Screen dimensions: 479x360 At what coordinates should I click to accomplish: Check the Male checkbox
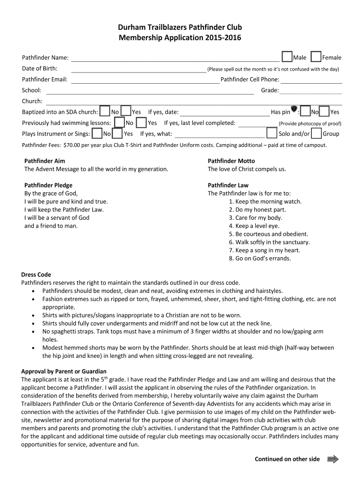point(288,57)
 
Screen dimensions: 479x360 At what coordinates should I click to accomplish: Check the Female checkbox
point(316,57)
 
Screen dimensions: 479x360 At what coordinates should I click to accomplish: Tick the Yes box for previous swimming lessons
point(141,123)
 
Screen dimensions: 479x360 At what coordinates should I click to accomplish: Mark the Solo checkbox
point(272,133)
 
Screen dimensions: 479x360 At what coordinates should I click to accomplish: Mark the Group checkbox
point(316,133)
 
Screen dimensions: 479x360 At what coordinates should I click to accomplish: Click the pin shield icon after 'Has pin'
point(294,110)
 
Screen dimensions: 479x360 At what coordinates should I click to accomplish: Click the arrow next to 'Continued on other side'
point(333,459)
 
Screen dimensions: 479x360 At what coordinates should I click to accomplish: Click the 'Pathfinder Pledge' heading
point(48,185)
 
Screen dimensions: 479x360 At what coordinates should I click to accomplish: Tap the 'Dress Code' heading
point(36,275)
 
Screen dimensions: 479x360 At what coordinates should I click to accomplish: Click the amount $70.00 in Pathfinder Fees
point(74,145)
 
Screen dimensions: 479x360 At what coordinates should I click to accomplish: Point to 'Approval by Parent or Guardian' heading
point(64,371)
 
